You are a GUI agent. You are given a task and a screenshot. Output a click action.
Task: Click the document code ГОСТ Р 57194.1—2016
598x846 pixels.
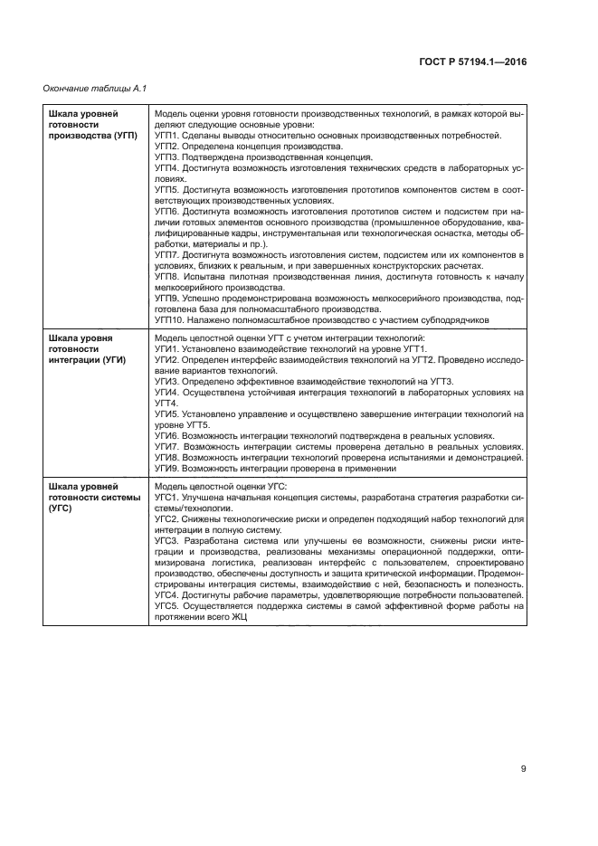tap(473, 62)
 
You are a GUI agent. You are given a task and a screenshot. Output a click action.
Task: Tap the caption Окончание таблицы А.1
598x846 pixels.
tap(95, 88)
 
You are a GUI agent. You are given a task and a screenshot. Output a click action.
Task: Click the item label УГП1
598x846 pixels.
tap(167, 135)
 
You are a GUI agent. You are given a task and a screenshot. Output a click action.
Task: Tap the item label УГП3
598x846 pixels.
tap(167, 156)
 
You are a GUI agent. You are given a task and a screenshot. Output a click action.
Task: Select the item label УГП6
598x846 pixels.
tap(167, 210)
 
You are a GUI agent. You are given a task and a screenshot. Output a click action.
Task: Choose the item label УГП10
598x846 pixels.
tap(170, 318)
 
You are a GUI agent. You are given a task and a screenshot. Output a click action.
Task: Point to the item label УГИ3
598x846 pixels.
tap(167, 382)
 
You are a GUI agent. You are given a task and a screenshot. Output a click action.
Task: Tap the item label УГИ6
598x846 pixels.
tap(167, 436)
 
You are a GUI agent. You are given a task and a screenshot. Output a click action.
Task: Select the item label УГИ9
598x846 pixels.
tap(167, 469)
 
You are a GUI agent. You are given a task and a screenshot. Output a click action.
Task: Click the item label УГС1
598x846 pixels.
tap(167, 499)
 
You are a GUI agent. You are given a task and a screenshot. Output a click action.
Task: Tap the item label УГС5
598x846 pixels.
tap(167, 607)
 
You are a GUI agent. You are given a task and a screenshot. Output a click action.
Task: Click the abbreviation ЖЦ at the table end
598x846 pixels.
tap(238, 618)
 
